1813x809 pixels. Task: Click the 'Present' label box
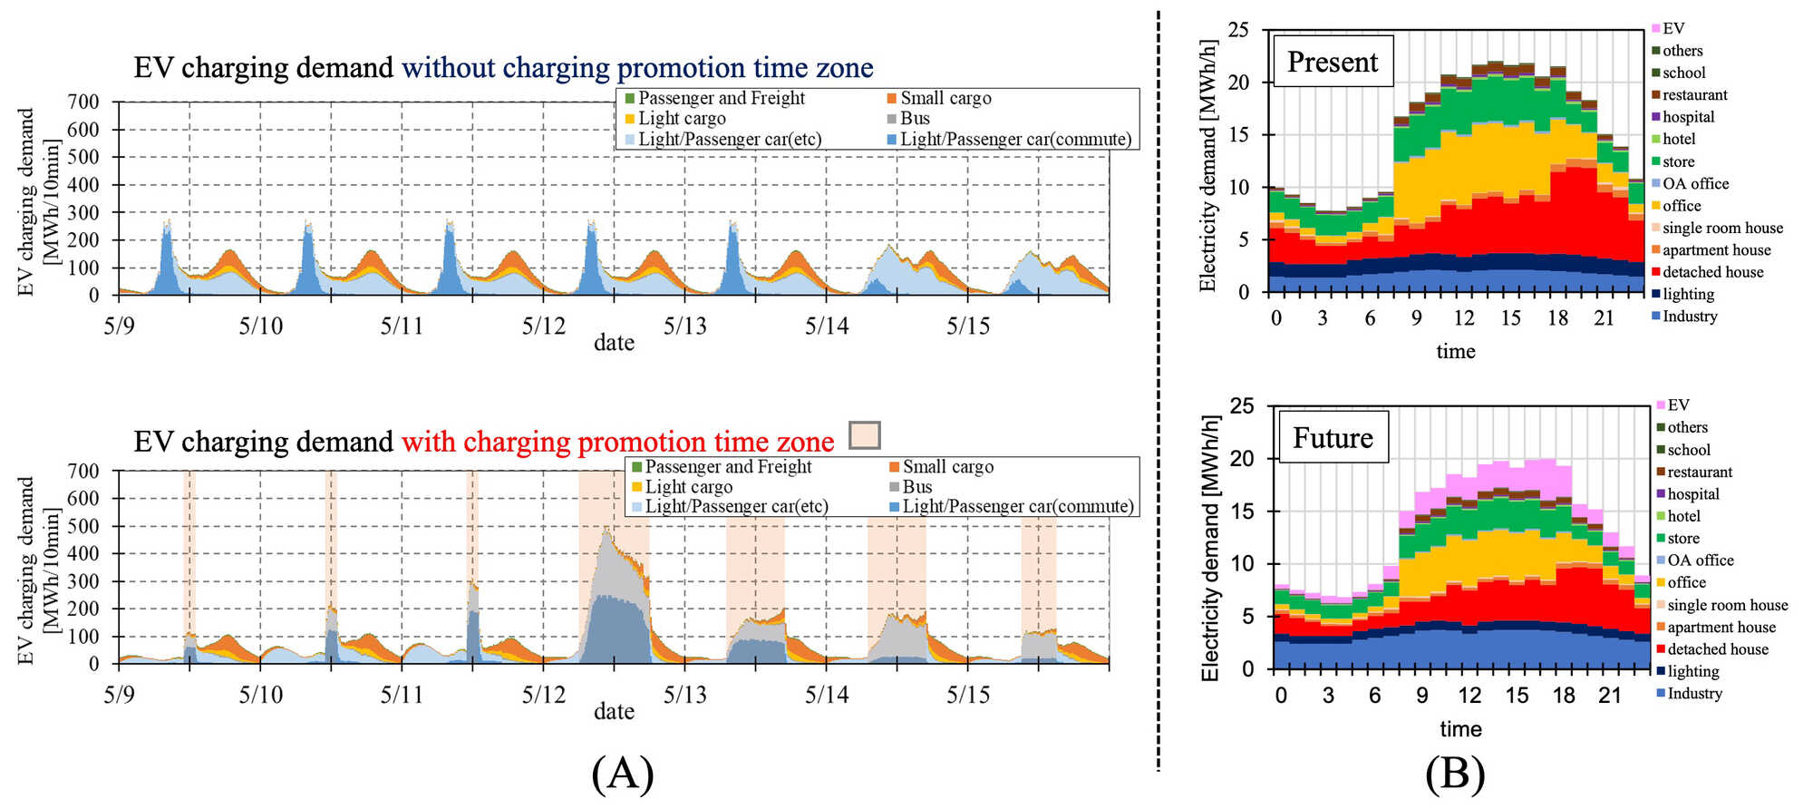[1332, 62]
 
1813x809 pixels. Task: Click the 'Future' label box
[1332, 438]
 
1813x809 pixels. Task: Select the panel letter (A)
[622, 774]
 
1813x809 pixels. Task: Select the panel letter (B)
[1454, 774]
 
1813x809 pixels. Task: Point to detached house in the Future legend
[1715, 649]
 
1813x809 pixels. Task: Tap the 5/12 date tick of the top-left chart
[543, 326]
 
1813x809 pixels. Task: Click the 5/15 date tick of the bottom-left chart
[968, 695]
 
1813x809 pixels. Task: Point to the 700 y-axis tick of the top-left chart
[83, 102]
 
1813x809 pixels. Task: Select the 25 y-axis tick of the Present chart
[1238, 30]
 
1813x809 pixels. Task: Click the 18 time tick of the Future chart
[1564, 696]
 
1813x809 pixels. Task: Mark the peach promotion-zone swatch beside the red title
[865, 435]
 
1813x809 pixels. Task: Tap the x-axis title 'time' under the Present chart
[1455, 352]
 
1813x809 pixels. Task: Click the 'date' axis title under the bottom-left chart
[614, 711]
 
